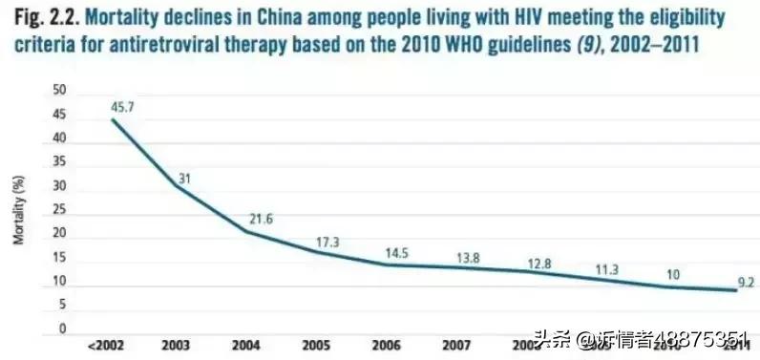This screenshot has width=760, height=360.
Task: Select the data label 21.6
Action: click(261, 220)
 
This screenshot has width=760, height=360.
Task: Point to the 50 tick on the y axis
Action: click(59, 92)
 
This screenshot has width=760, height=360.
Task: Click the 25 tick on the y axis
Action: click(59, 210)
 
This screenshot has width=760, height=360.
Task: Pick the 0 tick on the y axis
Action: click(62, 328)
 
